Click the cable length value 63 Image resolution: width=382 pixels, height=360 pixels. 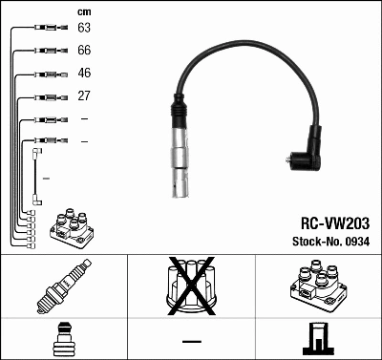coord(84,29)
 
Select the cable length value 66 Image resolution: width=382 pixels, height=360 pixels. coord(84,51)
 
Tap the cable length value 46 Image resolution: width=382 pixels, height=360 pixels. coord(84,74)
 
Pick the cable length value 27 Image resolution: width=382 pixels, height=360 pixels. coord(84,96)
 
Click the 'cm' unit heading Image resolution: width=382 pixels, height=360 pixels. coord(83,11)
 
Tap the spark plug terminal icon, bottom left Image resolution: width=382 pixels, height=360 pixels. coord(63,341)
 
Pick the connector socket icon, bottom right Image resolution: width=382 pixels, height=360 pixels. coord(318,340)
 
